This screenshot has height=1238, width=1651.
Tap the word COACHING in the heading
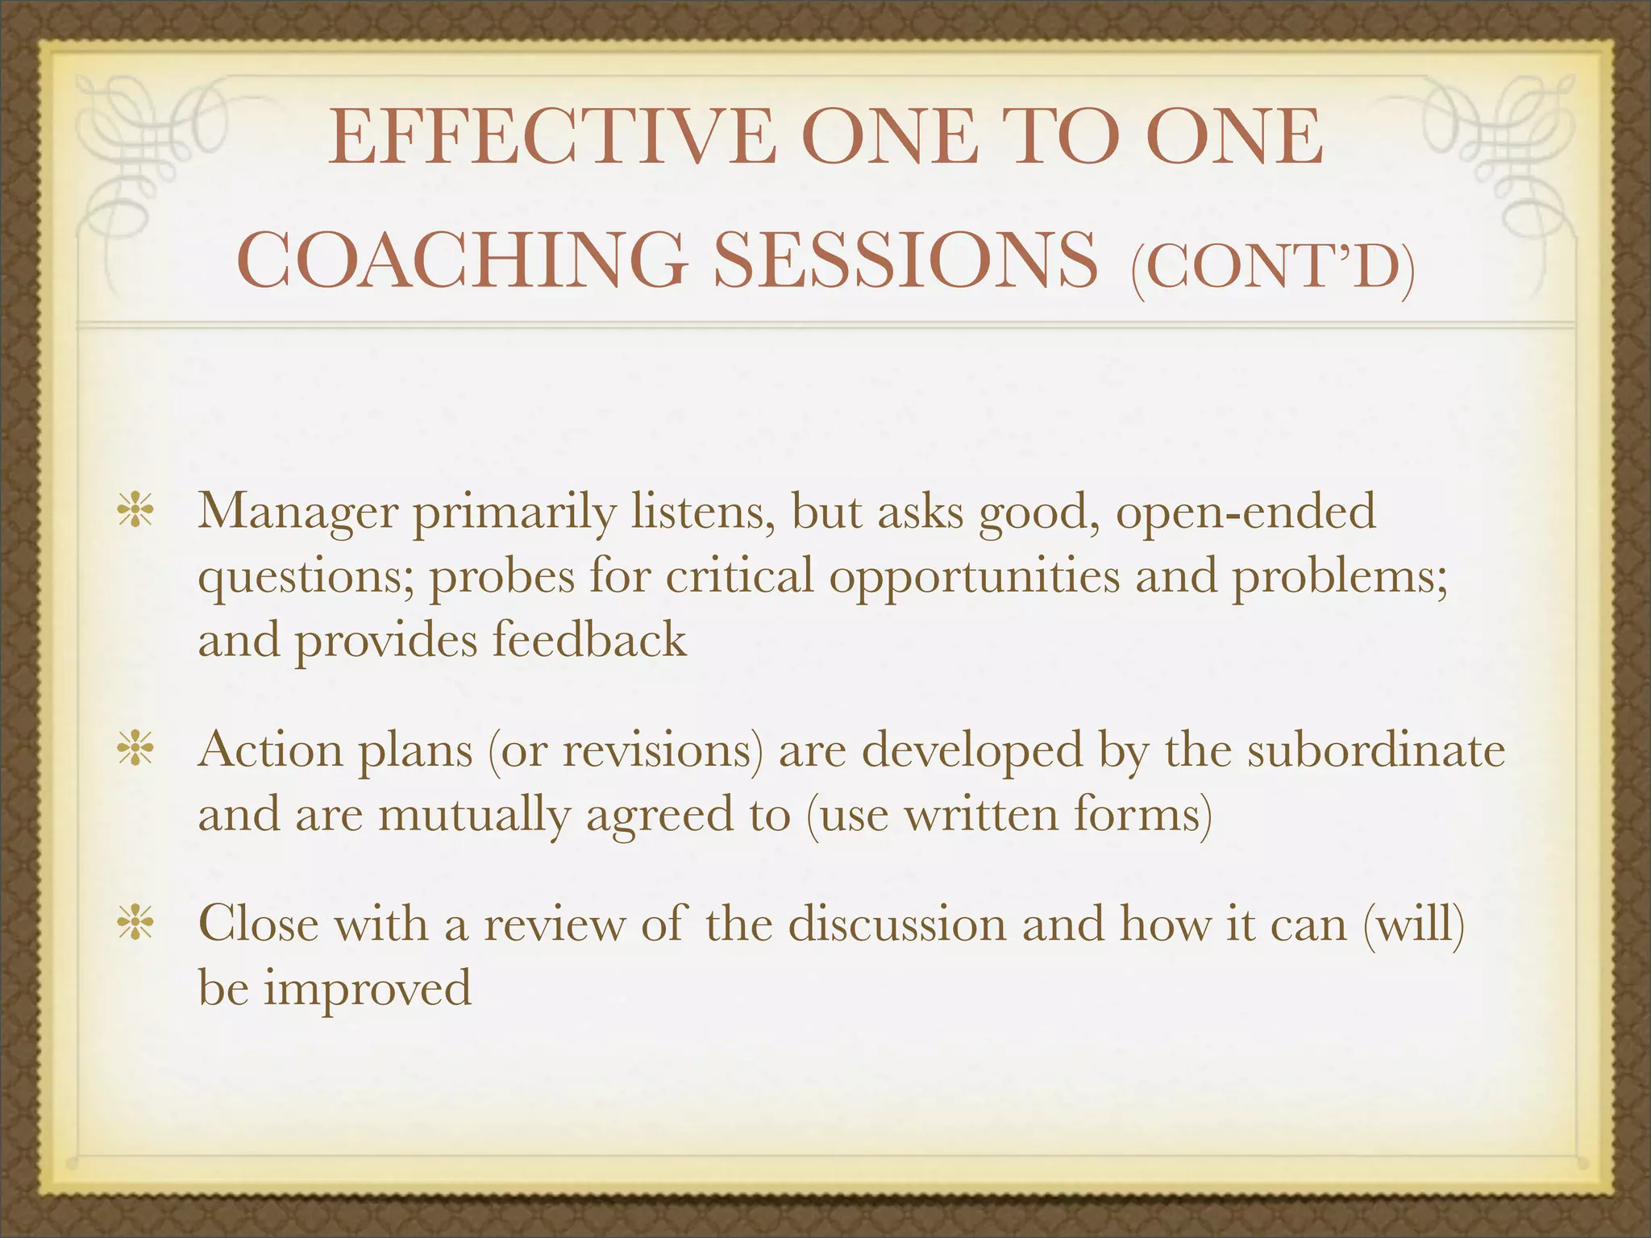(463, 260)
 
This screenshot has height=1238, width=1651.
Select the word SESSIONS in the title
(906, 260)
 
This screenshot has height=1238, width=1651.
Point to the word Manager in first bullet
(297, 513)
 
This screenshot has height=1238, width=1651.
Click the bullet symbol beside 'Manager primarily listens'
(135, 513)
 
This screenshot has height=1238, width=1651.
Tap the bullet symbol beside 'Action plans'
(135, 750)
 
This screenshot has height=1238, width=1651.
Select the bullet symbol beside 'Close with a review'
(135, 924)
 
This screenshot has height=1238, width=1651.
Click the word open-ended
(1246, 513)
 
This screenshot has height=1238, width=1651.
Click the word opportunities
(975, 576)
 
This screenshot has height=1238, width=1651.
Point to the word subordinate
(1375, 750)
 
